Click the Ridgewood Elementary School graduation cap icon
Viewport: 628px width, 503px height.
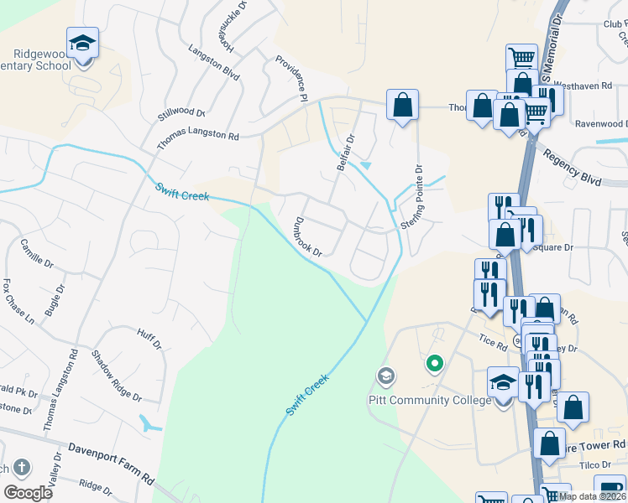coord(83,43)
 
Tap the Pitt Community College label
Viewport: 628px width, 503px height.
coord(430,400)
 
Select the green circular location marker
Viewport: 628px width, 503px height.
coord(434,363)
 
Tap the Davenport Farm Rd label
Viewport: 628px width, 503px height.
coord(111,463)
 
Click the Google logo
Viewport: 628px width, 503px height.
coord(28,493)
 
